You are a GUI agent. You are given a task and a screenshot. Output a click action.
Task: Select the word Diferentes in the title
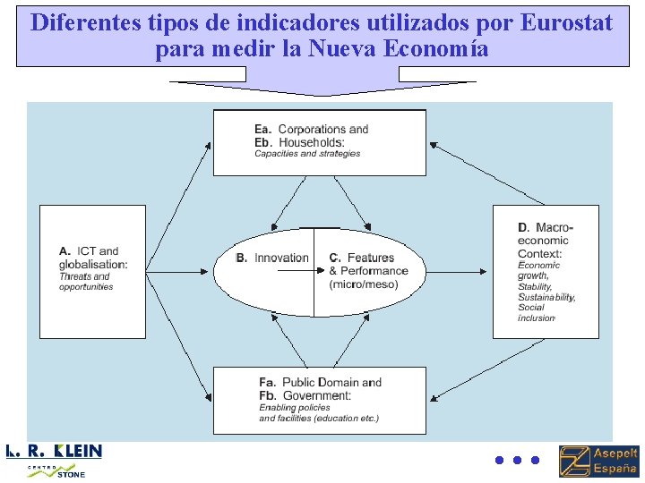point(82,22)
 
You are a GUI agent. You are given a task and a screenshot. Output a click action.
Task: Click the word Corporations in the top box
point(310,130)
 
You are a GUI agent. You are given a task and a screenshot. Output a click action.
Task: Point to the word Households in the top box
point(311,142)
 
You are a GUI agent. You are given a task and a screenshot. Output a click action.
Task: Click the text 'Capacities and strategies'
point(307,154)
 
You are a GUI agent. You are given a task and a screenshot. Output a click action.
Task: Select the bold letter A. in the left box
point(65,251)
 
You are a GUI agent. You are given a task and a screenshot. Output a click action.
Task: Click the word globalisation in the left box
point(93,264)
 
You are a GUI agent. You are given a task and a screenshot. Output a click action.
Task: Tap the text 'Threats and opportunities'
point(86,282)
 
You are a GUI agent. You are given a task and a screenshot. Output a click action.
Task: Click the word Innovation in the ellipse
point(281,258)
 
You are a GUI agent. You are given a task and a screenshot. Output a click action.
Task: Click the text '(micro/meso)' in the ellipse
point(364,284)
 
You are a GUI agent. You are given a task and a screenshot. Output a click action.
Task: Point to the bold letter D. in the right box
point(524,228)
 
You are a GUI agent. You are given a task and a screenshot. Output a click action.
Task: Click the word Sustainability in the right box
point(546,297)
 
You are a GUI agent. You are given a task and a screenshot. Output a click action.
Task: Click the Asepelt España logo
point(598,461)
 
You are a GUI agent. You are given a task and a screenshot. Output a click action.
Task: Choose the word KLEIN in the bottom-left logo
point(79,451)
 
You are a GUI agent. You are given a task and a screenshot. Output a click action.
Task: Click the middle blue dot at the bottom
point(517,461)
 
